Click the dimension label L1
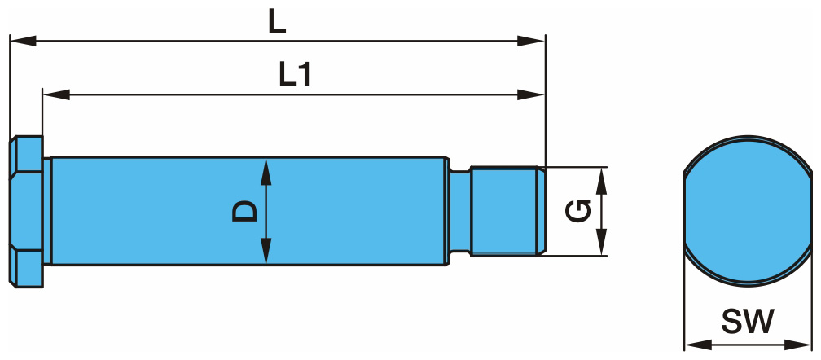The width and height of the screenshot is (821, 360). pos(294,76)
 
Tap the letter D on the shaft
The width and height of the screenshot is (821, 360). pos(245,210)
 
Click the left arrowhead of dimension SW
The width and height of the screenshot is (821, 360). pos(691,341)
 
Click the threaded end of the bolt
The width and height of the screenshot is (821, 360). pos(505,211)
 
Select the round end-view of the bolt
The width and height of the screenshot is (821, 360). pos(747,211)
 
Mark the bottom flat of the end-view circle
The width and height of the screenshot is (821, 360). pos(747,282)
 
